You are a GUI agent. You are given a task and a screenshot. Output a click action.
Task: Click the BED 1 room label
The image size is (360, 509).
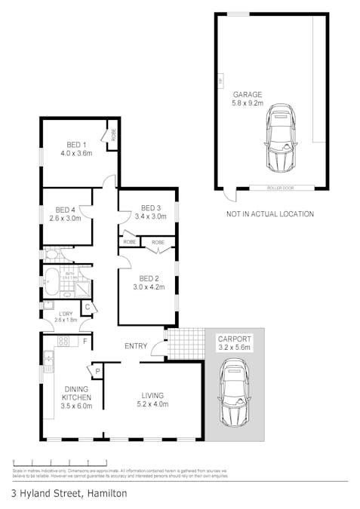tap(76, 144)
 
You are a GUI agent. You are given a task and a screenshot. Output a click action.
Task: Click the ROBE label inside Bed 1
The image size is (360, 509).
tap(114, 136)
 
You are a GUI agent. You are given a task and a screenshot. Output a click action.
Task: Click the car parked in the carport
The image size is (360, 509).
tap(235, 392)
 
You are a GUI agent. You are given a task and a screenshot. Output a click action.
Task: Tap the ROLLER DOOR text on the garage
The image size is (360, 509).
tap(280, 188)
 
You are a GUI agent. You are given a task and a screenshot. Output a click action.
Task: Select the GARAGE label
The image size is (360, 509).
tap(248, 95)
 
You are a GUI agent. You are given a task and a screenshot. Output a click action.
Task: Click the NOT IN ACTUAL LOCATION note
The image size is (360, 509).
tap(269, 214)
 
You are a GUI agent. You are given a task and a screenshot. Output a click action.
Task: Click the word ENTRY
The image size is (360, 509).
tap(135, 347)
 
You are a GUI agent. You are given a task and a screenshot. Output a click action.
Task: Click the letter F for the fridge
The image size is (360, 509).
tap(85, 342)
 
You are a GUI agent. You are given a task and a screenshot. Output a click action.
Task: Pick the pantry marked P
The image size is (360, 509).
tap(97, 370)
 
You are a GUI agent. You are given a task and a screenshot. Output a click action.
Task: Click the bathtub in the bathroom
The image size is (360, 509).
tap(51, 282)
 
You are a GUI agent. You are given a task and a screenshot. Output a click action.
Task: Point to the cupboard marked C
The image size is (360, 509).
tap(87, 307)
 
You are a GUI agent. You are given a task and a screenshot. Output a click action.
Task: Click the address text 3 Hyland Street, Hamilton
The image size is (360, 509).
tap(69, 494)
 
